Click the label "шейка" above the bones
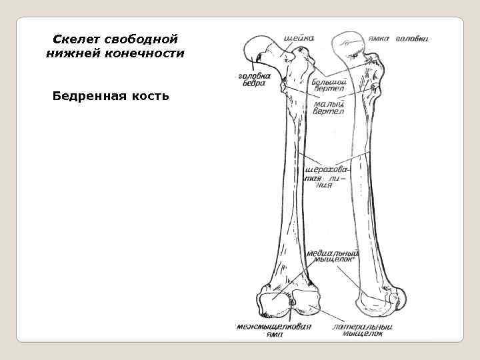(298, 38)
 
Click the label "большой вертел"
(328, 84)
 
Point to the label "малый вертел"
(329, 107)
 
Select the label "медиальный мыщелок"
(331, 257)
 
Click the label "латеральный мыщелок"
(363, 330)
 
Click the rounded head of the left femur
(257, 49)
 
